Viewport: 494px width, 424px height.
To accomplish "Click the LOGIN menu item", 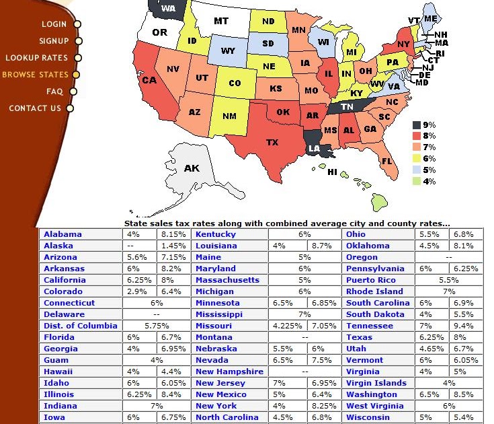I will (x=54, y=24).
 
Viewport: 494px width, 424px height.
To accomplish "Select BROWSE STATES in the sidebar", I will (x=35, y=75).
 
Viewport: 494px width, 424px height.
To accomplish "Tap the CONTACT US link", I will (x=35, y=108).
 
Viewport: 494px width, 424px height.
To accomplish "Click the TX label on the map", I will (x=272, y=143).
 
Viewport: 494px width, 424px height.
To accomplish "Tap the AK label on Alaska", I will (x=192, y=168).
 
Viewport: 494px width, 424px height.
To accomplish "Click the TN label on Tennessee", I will (x=347, y=107).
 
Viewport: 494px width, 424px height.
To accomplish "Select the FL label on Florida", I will (x=386, y=162).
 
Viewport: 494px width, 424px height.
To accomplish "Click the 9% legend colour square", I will (x=417, y=125).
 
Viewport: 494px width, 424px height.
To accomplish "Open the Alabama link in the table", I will (x=63, y=234).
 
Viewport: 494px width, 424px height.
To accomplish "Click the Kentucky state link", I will (x=216, y=234).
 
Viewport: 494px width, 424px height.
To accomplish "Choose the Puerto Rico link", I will (x=371, y=280).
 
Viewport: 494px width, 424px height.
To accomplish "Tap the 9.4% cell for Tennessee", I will (x=464, y=326).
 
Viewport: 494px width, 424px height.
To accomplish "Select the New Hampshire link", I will (x=229, y=372).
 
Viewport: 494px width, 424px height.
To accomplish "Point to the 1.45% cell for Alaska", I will (x=173, y=246).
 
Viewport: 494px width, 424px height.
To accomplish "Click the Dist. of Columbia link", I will (x=80, y=326).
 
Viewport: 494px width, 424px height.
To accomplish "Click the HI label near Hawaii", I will (x=332, y=172).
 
